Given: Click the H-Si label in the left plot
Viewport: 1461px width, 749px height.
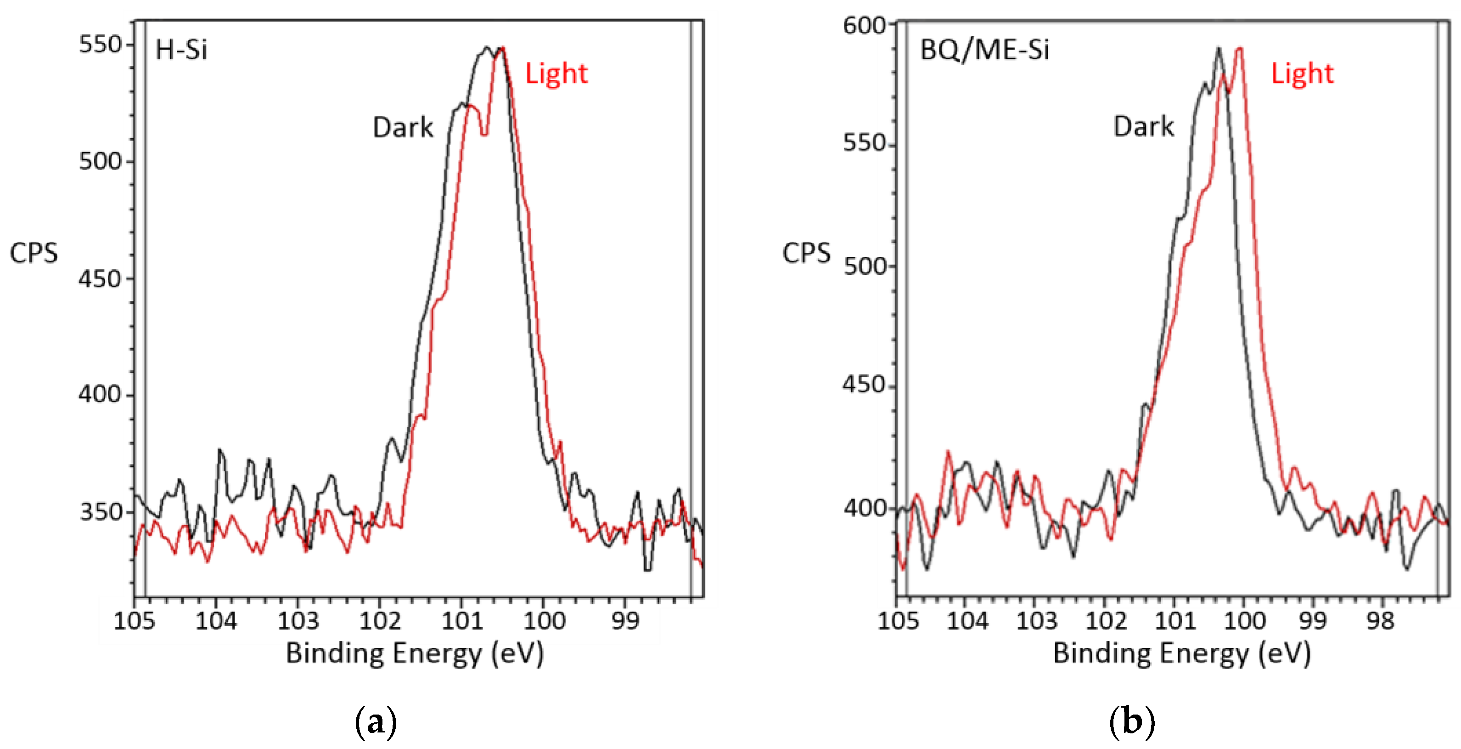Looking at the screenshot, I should (181, 50).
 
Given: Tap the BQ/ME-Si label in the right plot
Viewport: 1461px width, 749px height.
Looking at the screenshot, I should (984, 50).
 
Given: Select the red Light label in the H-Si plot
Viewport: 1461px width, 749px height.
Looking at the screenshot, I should (556, 74).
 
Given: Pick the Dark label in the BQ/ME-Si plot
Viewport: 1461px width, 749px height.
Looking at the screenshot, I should (1143, 126).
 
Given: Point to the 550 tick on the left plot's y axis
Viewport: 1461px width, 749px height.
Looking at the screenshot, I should (101, 44).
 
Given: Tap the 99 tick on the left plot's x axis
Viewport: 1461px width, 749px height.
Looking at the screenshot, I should (625, 621).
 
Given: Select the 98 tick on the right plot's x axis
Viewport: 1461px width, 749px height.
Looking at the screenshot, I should (1380, 621).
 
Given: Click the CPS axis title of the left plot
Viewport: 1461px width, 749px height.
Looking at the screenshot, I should (34, 253).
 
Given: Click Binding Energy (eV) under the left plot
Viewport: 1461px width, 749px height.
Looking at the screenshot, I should (415, 654).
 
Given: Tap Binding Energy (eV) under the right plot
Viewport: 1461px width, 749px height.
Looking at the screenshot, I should (1182, 654).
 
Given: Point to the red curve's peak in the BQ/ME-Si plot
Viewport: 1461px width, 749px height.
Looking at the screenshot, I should (1240, 49).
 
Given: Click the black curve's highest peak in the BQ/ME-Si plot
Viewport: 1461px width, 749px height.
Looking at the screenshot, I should (1218, 49).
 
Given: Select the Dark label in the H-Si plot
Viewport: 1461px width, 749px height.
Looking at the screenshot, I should (403, 127).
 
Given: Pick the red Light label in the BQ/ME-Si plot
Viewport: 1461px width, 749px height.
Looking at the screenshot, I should (1302, 74).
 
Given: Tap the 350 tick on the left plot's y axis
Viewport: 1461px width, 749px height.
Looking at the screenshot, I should (101, 512).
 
